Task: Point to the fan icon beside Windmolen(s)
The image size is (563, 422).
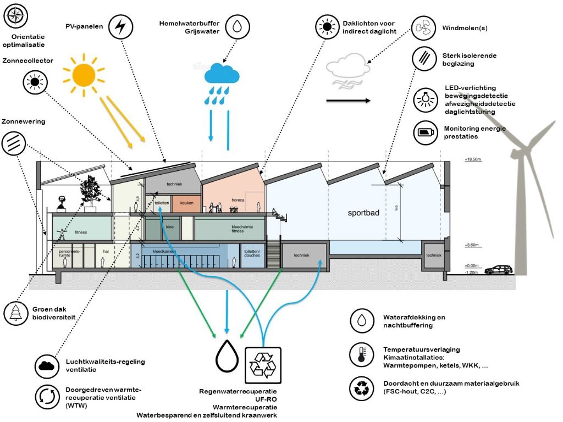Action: coord(425,27)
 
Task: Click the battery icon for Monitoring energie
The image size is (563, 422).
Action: coord(425,132)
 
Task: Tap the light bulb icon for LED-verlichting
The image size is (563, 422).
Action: coord(425,99)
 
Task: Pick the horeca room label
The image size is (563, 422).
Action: coord(237,200)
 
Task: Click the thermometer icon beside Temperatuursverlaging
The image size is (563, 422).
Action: coord(361,354)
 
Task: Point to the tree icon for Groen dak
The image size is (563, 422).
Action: coord(15,313)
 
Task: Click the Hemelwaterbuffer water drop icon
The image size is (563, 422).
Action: coord(237,26)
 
